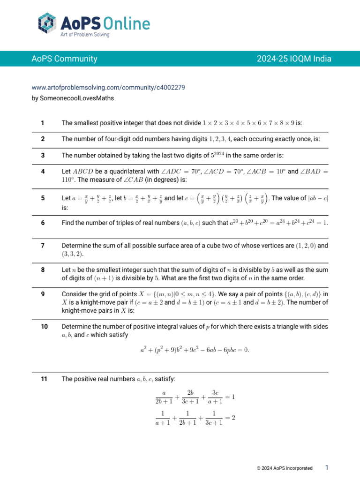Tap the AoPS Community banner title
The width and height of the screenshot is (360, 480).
tap(64, 59)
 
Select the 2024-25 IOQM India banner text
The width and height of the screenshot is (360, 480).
tap(294, 59)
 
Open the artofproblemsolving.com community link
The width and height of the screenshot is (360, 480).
tap(108, 87)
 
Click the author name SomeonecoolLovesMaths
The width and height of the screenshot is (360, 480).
tap(73, 98)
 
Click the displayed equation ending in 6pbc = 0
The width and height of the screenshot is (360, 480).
tap(195, 350)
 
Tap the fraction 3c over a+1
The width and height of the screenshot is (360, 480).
tap(215, 397)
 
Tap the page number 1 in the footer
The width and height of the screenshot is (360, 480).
tap(327, 467)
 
